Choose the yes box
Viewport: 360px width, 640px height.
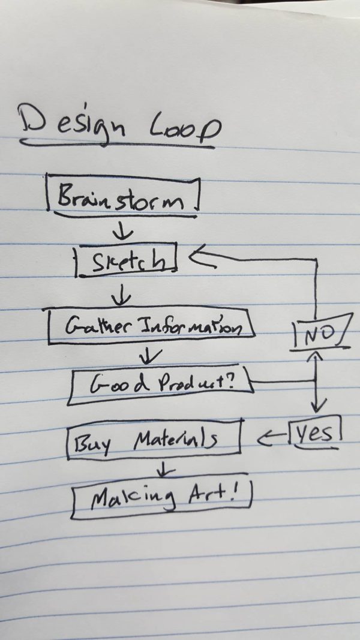[x=315, y=434]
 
